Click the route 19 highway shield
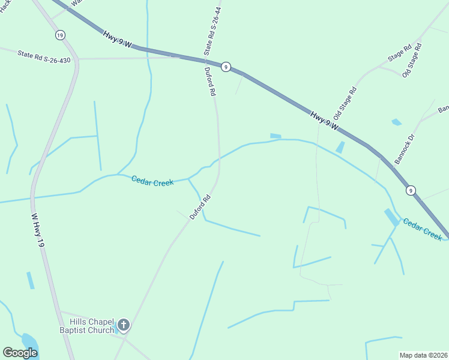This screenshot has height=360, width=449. [x=59, y=35]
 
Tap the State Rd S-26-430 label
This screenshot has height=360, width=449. [x=44, y=56]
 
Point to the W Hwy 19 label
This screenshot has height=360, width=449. [x=38, y=229]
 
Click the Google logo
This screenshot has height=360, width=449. [x=20, y=353]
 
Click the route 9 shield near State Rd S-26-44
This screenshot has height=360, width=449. [x=225, y=67]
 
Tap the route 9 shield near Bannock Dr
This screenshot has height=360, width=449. [x=411, y=190]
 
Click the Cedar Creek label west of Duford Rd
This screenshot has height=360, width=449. [x=152, y=181]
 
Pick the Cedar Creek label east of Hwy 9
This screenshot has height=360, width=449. [x=423, y=229]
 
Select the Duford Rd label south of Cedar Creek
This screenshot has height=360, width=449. [x=200, y=207]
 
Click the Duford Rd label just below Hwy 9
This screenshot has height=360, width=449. [x=210, y=82]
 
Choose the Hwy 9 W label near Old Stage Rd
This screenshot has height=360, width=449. [x=325, y=120]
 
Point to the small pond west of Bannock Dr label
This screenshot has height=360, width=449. [x=396, y=122]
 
